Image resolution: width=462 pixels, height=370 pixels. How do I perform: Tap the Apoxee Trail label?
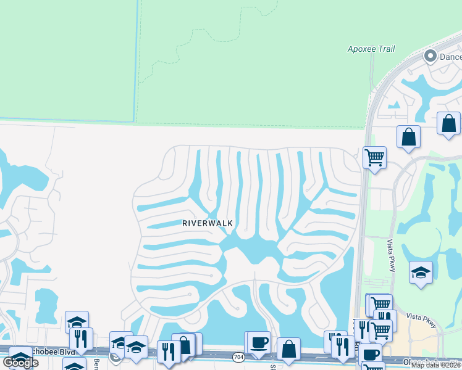371,49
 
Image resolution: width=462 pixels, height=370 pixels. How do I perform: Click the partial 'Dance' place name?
450,57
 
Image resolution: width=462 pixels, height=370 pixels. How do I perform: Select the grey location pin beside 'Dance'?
430,57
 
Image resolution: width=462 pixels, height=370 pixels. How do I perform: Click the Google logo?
20,363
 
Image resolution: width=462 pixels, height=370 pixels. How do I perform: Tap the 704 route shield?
238,357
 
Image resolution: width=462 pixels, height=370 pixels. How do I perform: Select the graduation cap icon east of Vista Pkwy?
420,272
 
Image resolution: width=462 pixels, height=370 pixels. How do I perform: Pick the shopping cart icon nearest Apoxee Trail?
374,158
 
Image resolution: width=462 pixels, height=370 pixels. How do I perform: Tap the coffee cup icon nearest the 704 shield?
259,342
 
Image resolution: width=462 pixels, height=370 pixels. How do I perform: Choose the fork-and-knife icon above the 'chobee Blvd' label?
81,338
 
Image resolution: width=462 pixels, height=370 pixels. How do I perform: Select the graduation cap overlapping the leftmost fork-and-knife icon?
77,322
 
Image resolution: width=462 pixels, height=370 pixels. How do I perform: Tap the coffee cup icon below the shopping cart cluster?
371,354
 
